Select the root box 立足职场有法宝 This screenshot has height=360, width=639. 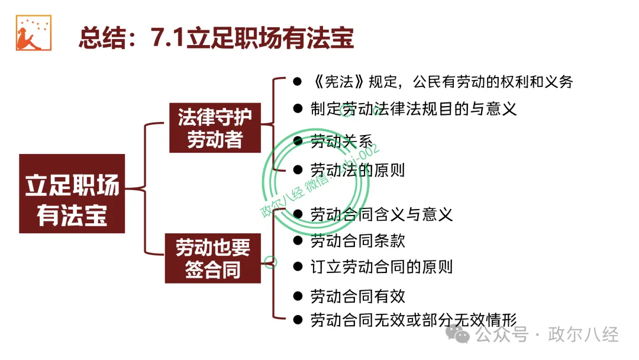coord(72,194)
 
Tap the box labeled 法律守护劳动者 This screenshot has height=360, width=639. coord(215,128)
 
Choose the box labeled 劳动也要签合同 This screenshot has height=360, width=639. coord(213,258)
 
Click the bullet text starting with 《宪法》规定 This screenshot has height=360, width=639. coord(441,82)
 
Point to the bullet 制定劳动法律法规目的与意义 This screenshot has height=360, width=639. coord(414,109)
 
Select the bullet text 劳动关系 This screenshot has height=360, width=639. coord(341,142)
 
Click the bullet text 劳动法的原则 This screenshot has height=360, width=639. coord(357,171)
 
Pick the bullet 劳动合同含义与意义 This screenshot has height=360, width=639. coord(382,214)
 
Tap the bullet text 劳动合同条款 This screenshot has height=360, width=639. coord(357,240)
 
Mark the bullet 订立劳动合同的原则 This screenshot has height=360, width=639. coord(382,267)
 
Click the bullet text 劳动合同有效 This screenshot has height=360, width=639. coord(357,295)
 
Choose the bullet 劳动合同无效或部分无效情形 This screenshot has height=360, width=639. coord(414,320)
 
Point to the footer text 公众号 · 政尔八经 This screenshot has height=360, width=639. coord(547,335)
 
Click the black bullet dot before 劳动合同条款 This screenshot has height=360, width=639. coord(298,240)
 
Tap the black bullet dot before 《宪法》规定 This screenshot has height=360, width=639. coord(298,82)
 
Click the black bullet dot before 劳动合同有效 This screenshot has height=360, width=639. coord(298,295)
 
